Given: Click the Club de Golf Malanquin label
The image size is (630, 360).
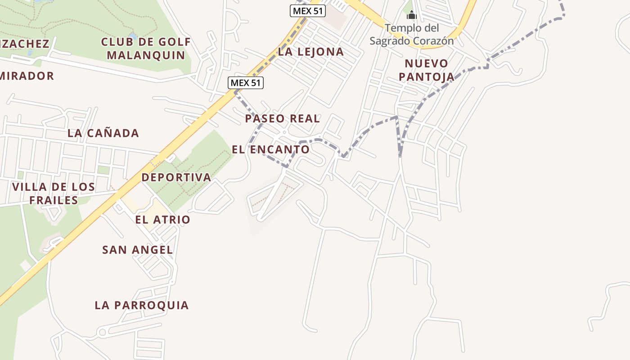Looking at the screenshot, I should [146, 49].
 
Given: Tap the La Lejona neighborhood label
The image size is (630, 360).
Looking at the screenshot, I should [310, 52].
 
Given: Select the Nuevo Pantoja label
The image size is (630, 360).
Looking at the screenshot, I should [426, 70].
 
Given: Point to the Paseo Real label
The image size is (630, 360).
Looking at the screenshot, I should [282, 119].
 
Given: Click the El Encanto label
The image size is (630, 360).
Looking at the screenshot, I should [270, 149].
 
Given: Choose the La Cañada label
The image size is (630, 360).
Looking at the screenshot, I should [103, 133].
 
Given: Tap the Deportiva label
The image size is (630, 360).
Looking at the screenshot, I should [176, 177].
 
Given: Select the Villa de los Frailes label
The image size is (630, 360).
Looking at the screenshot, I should [54, 193].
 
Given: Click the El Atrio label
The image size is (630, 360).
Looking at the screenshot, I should [162, 220].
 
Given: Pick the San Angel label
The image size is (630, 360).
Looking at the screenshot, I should [137, 250].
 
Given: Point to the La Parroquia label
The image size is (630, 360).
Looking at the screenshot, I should [141, 305].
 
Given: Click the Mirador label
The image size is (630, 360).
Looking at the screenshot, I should [27, 76].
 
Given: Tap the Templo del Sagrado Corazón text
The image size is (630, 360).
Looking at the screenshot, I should [411, 35].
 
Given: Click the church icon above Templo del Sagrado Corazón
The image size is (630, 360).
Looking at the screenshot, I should [411, 16].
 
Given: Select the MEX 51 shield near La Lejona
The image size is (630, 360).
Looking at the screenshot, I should [307, 11].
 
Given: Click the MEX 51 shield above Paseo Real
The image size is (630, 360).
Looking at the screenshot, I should [246, 83].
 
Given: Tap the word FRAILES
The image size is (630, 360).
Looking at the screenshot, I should [54, 200].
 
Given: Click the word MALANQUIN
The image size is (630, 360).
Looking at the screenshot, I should [146, 55].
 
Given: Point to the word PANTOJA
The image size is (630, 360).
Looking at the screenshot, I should [426, 76].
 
